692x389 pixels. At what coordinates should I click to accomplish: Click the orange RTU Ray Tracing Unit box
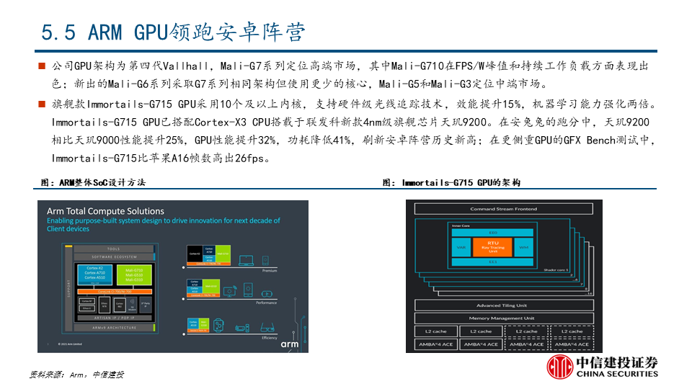(492, 247)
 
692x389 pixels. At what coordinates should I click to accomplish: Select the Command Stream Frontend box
(494, 209)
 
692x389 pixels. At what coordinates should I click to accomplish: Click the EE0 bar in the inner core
(493, 233)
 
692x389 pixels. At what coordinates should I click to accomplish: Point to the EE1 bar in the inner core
(493, 261)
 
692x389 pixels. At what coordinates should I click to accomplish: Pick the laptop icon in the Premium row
(247, 256)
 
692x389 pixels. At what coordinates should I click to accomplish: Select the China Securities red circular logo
(559, 368)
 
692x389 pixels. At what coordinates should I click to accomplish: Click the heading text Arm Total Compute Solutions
(105, 211)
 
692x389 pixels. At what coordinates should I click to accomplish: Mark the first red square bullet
(43, 66)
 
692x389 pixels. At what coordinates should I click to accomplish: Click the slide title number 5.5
(58, 32)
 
